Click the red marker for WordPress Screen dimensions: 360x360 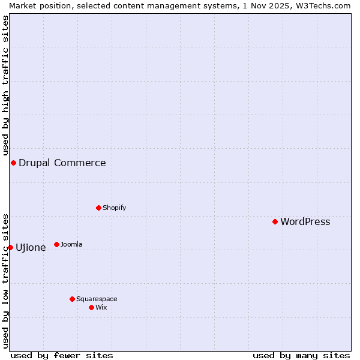pyautogui.click(x=275, y=221)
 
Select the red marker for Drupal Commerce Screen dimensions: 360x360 pyautogui.click(x=13, y=163)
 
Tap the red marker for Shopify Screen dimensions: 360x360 pyautogui.click(x=98, y=208)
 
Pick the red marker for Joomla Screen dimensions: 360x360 pyautogui.click(x=56, y=244)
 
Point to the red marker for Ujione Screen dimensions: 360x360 pyautogui.click(x=10, y=247)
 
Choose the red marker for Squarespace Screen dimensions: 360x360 pyautogui.click(x=72, y=299)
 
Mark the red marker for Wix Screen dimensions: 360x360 pyautogui.click(x=91, y=307)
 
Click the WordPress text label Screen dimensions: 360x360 pyautogui.click(x=305, y=221)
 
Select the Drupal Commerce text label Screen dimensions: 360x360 pyautogui.click(x=62, y=163)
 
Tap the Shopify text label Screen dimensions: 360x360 pyautogui.click(x=114, y=208)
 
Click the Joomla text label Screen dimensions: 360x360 pyautogui.click(x=71, y=244)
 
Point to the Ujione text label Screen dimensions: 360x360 pyautogui.click(x=31, y=247)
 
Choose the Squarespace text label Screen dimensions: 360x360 pyautogui.click(x=97, y=299)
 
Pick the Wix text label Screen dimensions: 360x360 pyautogui.click(x=101, y=307)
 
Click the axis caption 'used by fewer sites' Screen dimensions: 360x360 pyautogui.click(x=62, y=355)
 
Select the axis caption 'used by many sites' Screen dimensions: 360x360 pyautogui.click(x=301, y=355)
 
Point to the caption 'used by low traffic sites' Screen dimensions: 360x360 pyautogui.click(x=5, y=280)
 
